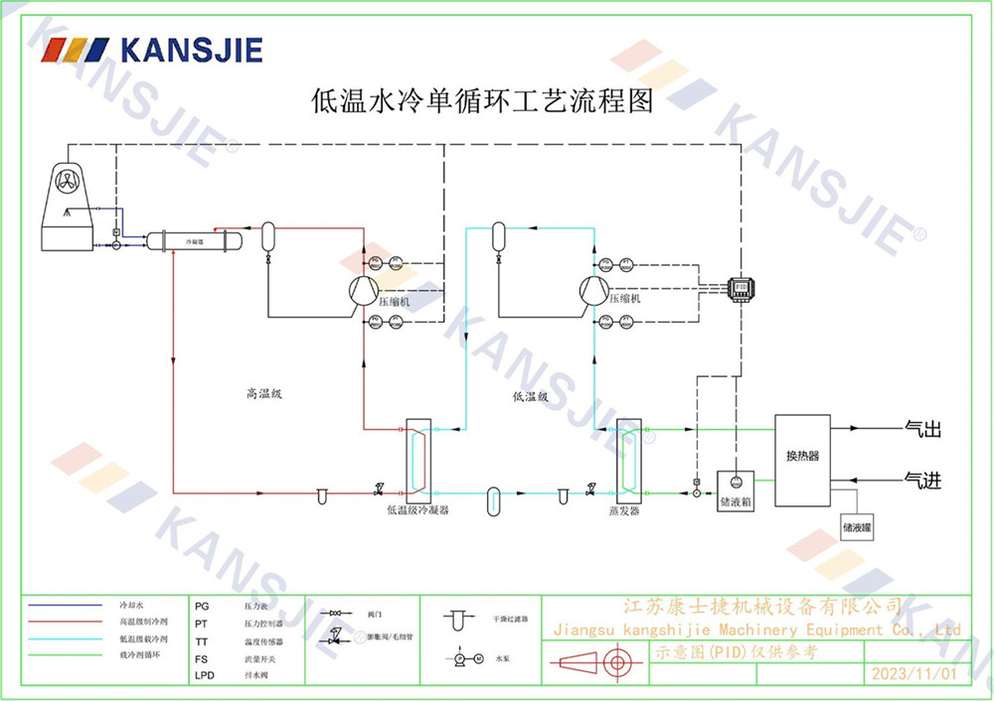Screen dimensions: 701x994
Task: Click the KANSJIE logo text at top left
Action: pos(191,49)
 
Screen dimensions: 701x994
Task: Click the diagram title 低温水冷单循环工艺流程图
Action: pos(482,100)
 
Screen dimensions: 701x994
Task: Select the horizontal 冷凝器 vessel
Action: pos(194,241)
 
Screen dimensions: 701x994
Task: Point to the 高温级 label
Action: pos(265,393)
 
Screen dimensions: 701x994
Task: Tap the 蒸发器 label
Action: pos(624,510)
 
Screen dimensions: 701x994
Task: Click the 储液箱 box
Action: pos(736,502)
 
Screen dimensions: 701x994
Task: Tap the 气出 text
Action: pos(922,430)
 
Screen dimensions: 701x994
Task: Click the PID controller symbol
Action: pos(741,287)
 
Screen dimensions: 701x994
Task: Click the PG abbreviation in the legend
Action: pos(202,604)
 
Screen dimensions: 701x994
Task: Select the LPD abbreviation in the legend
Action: pos(204,675)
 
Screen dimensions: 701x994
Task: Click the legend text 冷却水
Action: pos(132,604)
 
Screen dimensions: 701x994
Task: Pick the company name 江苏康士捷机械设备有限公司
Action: pos(761,606)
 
